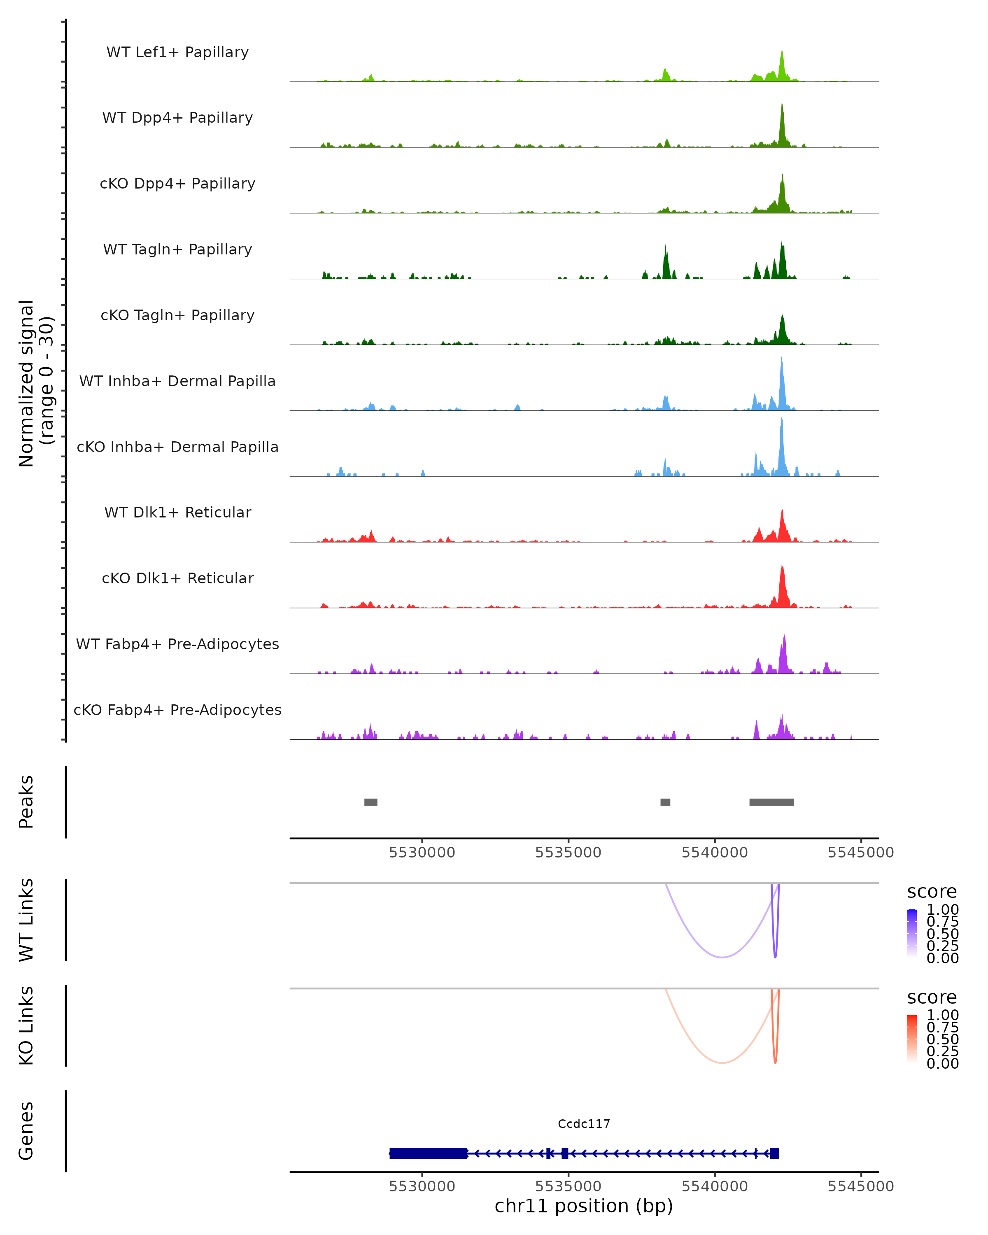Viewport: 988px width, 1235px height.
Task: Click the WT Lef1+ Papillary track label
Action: coord(177,52)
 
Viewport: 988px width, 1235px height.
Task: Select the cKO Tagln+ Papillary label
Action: coord(177,315)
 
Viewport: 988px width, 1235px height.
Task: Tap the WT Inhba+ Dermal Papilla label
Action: coord(177,381)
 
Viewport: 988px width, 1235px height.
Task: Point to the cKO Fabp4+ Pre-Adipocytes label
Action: coord(177,710)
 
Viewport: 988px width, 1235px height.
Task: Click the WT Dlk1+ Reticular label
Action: coord(177,512)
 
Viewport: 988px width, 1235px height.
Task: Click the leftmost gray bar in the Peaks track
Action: coord(370,802)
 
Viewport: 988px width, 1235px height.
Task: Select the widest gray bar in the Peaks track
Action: coord(771,802)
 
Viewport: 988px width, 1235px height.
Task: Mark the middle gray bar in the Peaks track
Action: coord(665,802)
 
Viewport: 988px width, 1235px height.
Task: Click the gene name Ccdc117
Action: coord(584,1124)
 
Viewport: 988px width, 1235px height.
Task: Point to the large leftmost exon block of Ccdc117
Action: coord(428,1153)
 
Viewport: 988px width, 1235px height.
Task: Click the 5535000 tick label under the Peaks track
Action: coord(568,853)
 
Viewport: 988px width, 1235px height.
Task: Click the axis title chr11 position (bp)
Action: coord(584,1206)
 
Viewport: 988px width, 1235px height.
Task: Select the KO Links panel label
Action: coord(26,1025)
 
